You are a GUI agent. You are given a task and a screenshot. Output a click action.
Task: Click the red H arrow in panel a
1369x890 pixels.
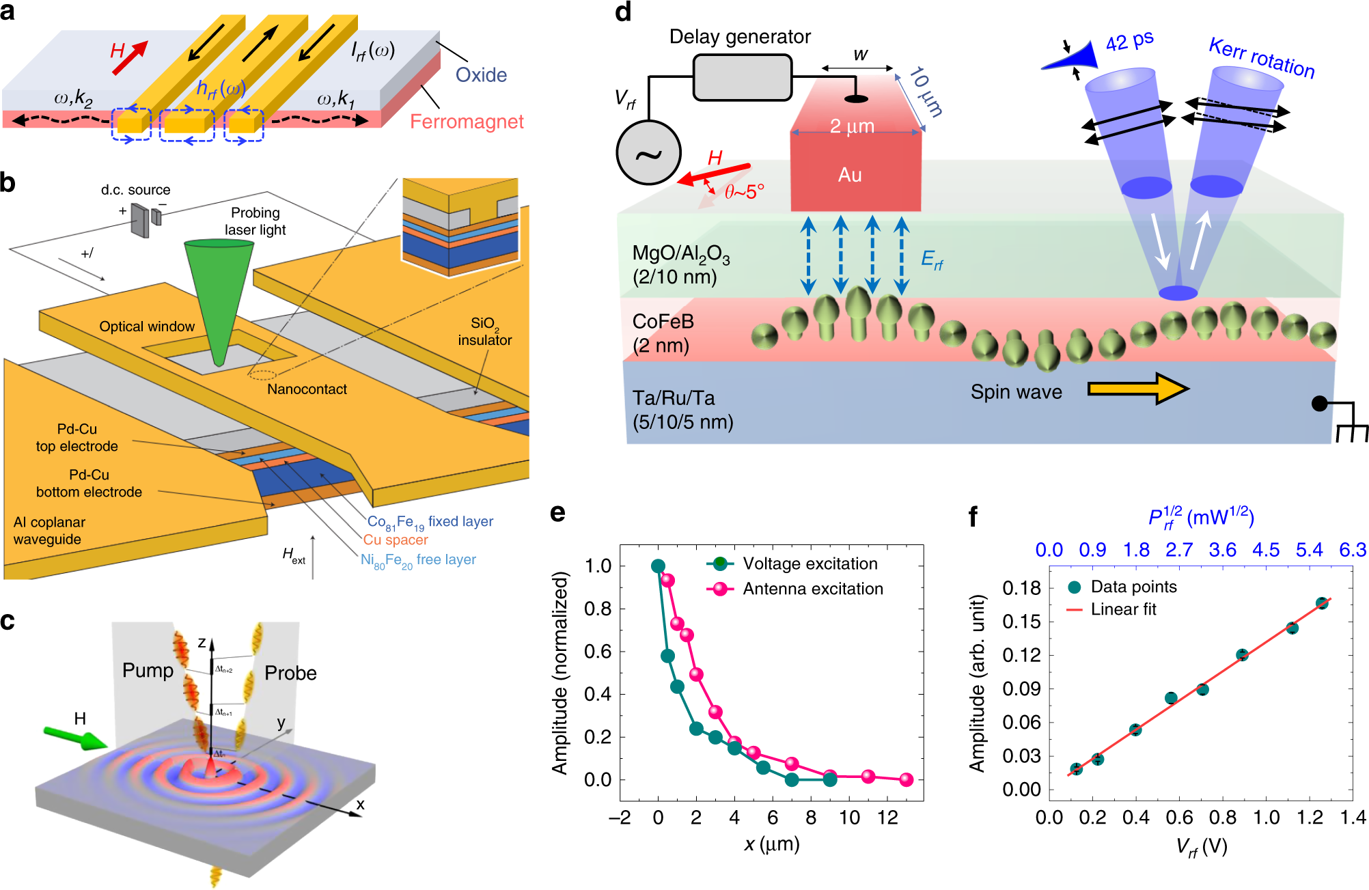130,57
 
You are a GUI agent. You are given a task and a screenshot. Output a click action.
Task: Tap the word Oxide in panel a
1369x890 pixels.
481,75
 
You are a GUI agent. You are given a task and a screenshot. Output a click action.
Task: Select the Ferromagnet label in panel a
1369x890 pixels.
467,122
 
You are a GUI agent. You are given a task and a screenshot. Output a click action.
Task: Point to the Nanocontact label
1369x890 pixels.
307,389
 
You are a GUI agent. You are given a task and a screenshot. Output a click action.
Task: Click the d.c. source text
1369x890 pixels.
135,190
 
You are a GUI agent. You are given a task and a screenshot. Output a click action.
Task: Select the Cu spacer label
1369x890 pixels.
396,540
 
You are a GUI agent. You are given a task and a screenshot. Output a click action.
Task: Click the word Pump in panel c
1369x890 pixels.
148,670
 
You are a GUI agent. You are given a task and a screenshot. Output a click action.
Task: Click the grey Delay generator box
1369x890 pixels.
742,77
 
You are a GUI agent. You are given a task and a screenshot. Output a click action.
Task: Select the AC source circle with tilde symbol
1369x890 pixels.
648,154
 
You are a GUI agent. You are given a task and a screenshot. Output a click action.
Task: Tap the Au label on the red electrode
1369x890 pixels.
850,175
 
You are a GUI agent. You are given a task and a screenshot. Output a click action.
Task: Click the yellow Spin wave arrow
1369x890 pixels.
1137,389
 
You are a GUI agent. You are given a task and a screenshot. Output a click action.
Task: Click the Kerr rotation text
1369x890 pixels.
1261,58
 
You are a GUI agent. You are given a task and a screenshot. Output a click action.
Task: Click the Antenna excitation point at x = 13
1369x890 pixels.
906,779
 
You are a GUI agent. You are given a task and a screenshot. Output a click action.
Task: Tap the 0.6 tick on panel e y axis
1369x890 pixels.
598,652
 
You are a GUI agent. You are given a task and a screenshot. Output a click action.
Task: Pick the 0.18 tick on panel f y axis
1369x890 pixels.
1021,588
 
